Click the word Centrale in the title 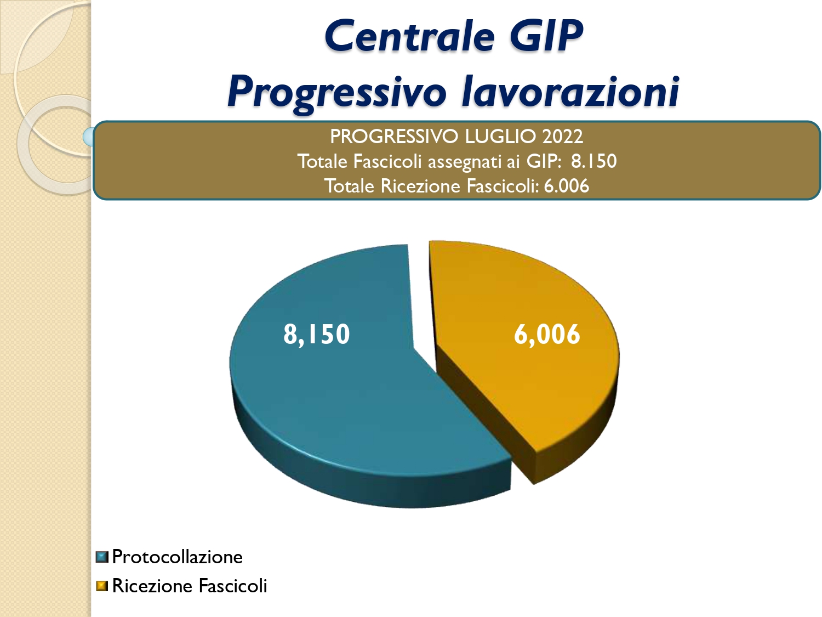coord(409,36)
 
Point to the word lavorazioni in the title coord(570,91)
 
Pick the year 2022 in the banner coord(562,137)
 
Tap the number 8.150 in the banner coord(593,161)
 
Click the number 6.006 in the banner coord(566,186)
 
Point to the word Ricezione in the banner coord(420,186)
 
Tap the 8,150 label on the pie coord(316,334)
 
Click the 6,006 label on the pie coord(547,334)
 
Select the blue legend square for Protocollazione coord(102,557)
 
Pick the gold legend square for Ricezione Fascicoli coord(102,586)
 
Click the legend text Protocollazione coord(177,557)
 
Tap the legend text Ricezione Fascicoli coord(190,586)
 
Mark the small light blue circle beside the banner coord(88,137)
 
